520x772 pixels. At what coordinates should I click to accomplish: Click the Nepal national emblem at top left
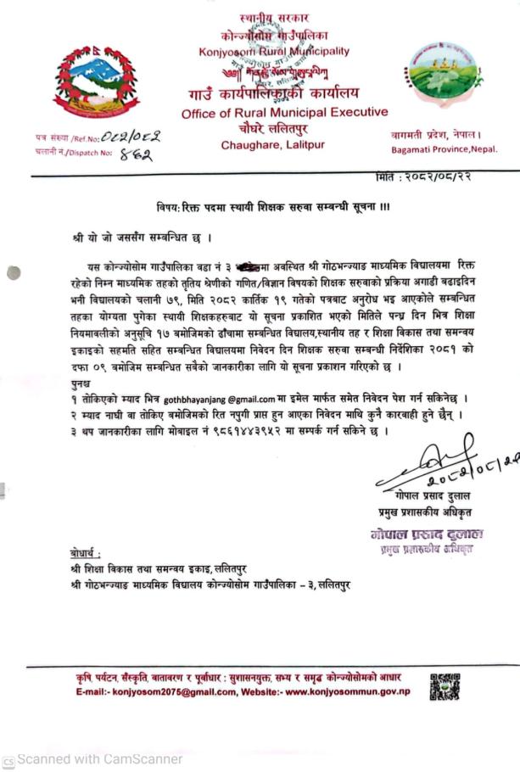(95, 83)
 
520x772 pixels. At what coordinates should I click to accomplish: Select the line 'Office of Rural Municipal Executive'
(283, 112)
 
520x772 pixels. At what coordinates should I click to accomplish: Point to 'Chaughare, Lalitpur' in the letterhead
(272, 145)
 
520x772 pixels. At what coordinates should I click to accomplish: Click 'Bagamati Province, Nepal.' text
(445, 150)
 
